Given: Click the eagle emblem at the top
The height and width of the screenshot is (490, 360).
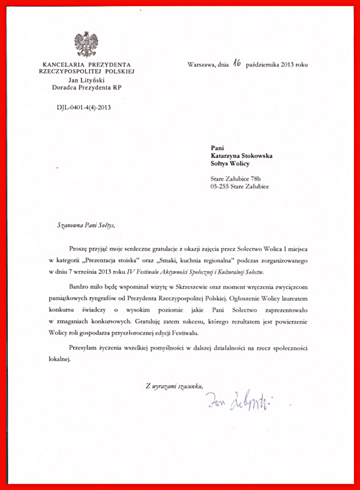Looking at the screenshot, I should (86, 43).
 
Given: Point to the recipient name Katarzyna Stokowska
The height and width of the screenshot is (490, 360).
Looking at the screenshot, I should (242, 155).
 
